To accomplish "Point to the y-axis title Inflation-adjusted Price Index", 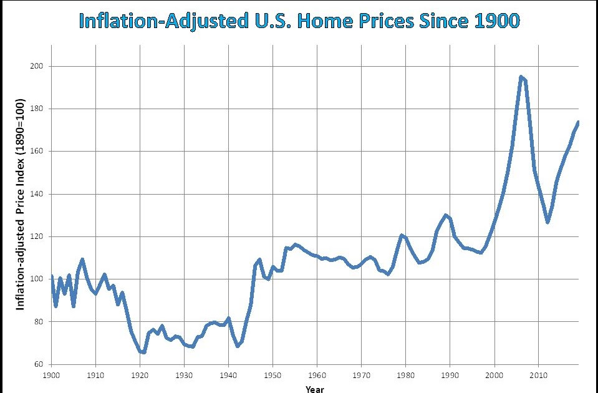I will click(20, 205).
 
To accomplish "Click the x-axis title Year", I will click(315, 389).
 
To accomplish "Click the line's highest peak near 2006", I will click(521, 77).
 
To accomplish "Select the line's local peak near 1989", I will click(445, 215).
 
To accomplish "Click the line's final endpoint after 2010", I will click(578, 122).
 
